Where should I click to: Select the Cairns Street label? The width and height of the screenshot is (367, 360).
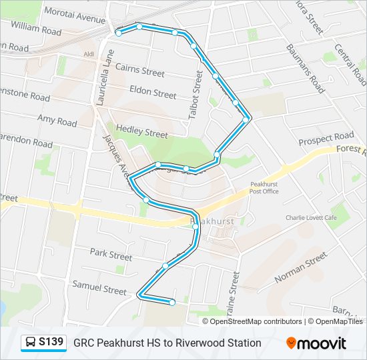tap(139, 69)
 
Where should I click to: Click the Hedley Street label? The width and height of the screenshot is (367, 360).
tap(141, 131)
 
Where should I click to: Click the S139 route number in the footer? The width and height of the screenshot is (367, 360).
tap(51, 343)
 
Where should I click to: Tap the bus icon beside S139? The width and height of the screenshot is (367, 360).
tap(31, 343)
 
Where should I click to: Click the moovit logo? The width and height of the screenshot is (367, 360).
tap(316, 343)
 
